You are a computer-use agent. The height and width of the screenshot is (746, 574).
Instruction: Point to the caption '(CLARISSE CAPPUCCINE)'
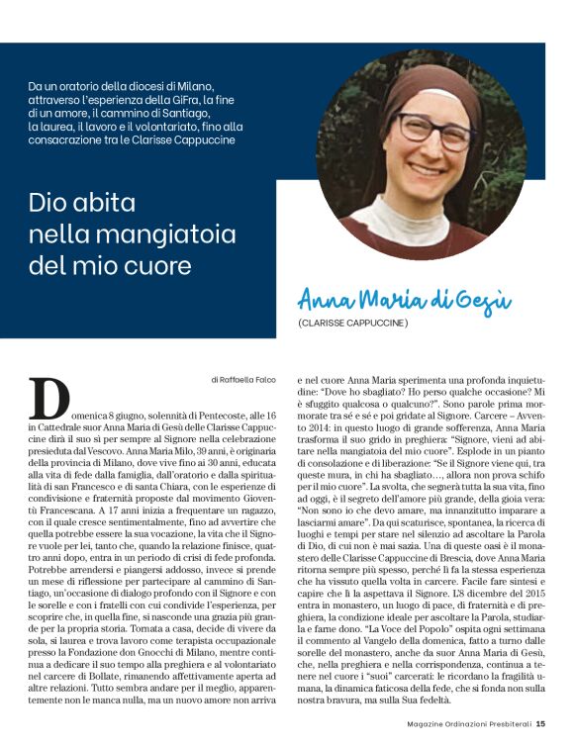[352, 324]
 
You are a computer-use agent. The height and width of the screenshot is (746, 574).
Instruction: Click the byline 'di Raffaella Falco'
[247, 379]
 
